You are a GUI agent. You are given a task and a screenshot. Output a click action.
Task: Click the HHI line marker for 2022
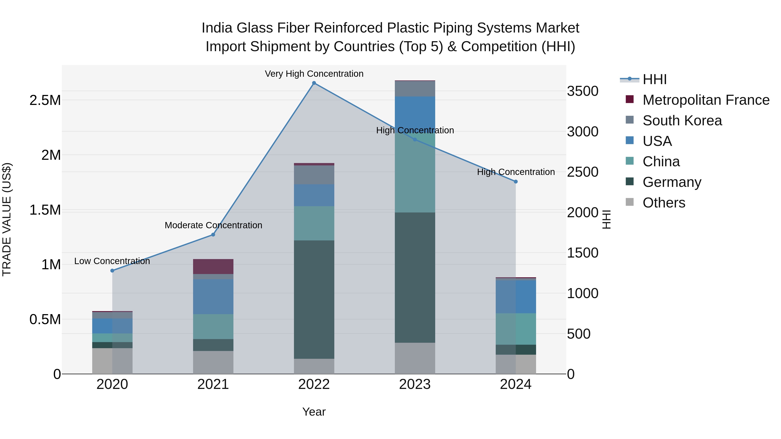pos(314,83)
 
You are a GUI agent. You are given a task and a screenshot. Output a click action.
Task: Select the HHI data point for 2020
pos(112,271)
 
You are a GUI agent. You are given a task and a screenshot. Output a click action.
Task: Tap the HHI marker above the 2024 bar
pos(516,181)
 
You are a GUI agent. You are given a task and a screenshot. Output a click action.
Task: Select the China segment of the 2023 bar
pos(415,173)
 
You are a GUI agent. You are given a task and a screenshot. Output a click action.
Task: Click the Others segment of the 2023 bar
pos(415,358)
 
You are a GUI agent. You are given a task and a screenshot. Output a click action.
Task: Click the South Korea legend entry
pos(682,121)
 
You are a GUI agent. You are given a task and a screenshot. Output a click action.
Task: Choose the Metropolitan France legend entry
pos(706,100)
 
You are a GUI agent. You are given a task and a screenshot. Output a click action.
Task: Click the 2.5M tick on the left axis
pos(45,100)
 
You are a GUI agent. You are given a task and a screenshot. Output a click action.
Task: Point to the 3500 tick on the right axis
pos(583,91)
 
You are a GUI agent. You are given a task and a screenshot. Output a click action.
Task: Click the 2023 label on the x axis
pos(415,384)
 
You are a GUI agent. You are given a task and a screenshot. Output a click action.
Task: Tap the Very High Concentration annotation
pos(314,74)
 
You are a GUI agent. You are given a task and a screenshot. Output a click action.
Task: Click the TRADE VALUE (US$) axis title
pos(7,219)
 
